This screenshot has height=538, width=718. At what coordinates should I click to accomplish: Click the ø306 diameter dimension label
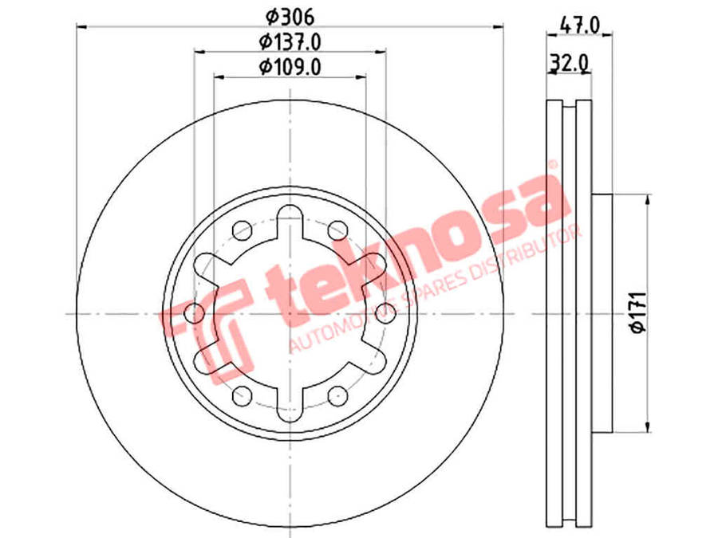point(290,18)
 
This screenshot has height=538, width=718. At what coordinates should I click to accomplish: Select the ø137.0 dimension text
point(290,42)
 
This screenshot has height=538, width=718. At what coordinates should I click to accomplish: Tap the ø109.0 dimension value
point(290,67)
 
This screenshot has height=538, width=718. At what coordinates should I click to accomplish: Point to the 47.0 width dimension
point(580,25)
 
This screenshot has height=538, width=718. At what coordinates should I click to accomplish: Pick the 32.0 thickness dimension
point(569,62)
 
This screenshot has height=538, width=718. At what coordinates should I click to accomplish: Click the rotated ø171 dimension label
point(638,312)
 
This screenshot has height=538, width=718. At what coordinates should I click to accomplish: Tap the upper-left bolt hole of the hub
point(243,230)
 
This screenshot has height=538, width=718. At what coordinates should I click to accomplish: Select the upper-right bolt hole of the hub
point(338,230)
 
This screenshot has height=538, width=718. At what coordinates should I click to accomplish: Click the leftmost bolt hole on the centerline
point(195,313)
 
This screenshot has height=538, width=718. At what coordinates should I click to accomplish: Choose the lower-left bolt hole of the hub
point(243,395)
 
